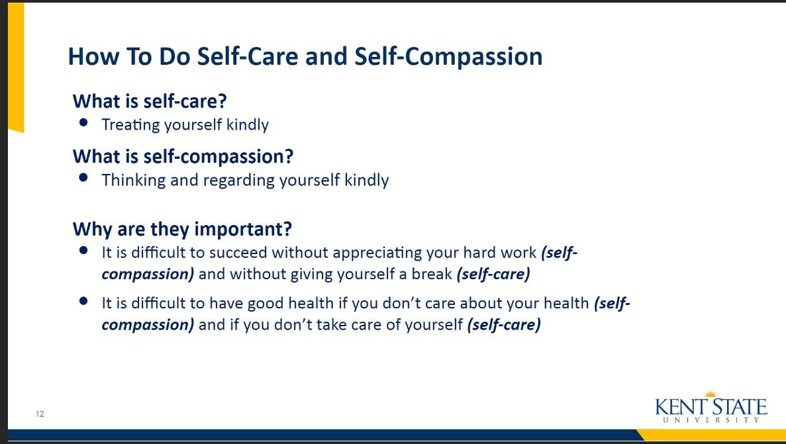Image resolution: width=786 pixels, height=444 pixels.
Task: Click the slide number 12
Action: tap(40, 414)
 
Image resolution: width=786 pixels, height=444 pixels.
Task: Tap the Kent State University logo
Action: tap(711, 406)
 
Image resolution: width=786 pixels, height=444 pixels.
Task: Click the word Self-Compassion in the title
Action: tap(449, 56)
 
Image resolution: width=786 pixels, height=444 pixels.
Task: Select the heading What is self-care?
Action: tap(150, 101)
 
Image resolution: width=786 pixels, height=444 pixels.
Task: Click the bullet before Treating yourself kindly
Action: tap(83, 122)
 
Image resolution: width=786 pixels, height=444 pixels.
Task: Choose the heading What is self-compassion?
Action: tap(183, 156)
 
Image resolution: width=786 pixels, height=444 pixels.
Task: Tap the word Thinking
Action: tap(133, 180)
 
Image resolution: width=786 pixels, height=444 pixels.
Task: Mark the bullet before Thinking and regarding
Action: tap(83, 177)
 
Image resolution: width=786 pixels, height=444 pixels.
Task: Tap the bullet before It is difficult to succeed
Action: tap(83, 250)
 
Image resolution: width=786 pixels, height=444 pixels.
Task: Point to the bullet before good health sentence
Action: tap(83, 300)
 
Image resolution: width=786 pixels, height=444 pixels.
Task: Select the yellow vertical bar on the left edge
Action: tap(16, 67)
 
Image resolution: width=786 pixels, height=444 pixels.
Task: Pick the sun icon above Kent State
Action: tap(711, 394)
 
